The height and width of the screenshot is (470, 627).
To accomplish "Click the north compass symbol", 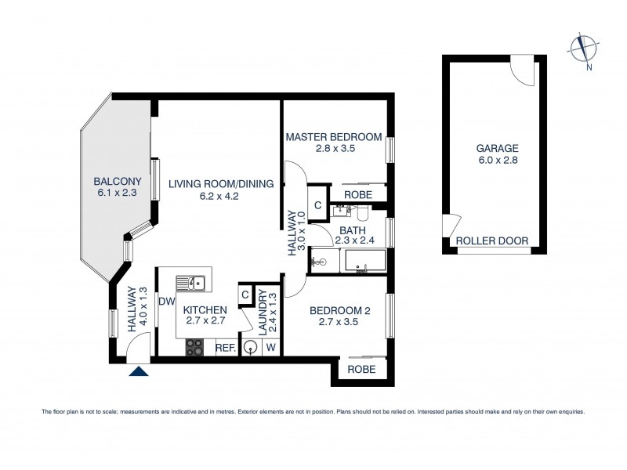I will pyautogui.click(x=582, y=48).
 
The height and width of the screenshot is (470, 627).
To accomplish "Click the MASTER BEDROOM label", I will pyautogui.click(x=333, y=137).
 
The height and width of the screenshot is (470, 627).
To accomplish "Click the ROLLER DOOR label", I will pyautogui.click(x=492, y=241).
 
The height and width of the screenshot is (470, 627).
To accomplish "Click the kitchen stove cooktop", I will pyautogui.click(x=194, y=347).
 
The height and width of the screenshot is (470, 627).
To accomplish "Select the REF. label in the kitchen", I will pyautogui.click(x=226, y=348).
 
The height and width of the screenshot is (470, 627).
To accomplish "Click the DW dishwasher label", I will pyautogui.click(x=166, y=302).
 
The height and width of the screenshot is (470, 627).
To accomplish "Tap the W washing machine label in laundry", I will pyautogui.click(x=270, y=348).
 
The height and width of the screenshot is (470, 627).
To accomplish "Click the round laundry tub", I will pyautogui.click(x=251, y=347).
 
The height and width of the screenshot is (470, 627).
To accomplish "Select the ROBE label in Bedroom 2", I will pyautogui.click(x=361, y=369).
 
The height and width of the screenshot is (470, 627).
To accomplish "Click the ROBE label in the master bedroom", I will pyautogui.click(x=358, y=193).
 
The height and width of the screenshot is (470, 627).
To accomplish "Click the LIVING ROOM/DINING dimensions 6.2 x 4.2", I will pyautogui.click(x=219, y=197).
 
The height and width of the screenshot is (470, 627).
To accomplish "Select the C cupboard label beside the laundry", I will pyautogui.click(x=245, y=294).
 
